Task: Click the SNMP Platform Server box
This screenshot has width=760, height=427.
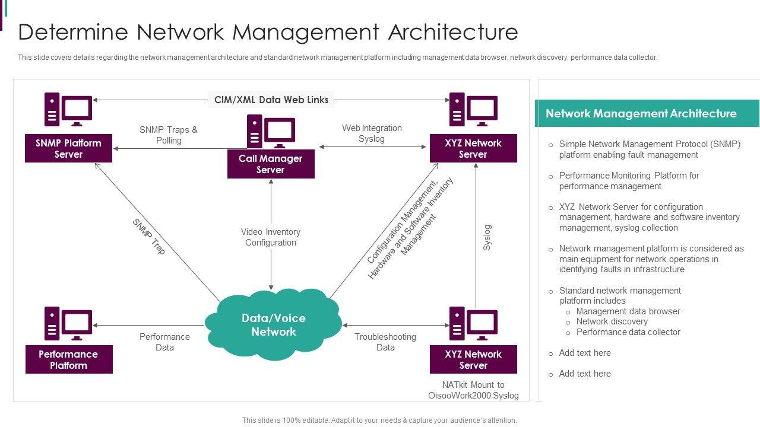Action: (68, 148)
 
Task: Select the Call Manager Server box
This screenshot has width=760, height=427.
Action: (271, 164)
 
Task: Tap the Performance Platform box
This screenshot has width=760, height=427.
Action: (69, 359)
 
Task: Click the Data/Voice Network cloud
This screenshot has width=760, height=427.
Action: (273, 324)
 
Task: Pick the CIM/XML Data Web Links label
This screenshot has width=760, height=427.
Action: (271, 100)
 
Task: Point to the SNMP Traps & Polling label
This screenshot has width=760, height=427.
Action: (169, 135)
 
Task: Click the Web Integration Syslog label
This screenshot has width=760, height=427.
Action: (372, 133)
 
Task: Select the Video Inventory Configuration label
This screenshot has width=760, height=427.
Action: (271, 237)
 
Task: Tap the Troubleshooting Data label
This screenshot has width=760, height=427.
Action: (385, 342)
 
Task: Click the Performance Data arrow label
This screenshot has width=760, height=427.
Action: (164, 342)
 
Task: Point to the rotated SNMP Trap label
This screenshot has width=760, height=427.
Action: (148, 237)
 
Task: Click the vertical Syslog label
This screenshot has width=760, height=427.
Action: (487, 237)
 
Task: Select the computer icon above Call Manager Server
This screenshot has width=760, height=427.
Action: (271, 131)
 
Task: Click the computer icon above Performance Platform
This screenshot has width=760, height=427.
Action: (68, 323)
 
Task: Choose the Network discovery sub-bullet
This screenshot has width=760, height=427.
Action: (612, 321)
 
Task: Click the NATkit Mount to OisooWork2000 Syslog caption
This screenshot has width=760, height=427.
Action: (473, 390)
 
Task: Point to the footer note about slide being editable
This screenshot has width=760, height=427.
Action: (379, 420)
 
